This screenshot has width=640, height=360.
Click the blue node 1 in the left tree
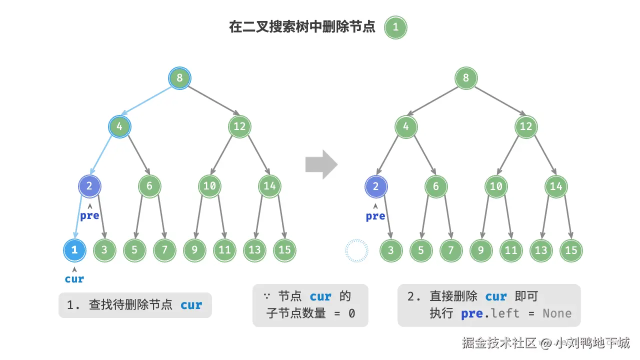[74, 250]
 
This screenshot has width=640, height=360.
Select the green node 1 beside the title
[395, 27]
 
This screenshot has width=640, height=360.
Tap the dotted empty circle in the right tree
[357, 250]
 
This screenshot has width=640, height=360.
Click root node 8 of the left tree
[179, 78]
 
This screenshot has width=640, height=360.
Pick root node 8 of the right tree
[466, 78]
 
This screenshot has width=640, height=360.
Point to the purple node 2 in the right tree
[376, 186]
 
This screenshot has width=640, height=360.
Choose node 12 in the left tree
[239, 126]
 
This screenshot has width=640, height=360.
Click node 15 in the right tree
[571, 250]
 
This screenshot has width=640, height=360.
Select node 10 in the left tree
[209, 186]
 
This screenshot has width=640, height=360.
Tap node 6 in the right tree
[436, 186]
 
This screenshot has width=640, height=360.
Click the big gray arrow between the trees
[321, 164]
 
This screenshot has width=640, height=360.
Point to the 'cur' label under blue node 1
[74, 279]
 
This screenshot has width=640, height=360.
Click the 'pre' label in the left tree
[89, 215]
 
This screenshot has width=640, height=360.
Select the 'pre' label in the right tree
[375, 216]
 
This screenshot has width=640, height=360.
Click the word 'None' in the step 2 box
[557, 313]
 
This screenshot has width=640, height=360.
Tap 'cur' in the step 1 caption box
[191, 305]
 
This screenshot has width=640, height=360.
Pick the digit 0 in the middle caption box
[351, 313]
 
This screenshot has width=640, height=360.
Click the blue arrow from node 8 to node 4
[146, 100]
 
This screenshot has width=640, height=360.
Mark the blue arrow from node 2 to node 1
[78, 217]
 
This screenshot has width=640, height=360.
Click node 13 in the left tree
[254, 250]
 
